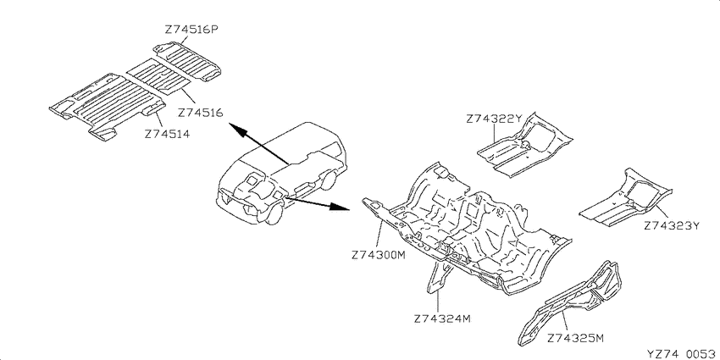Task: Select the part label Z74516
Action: (x=200, y=113)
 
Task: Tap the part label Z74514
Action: (x=167, y=134)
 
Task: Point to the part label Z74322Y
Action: (x=494, y=119)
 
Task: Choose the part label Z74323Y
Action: (x=672, y=226)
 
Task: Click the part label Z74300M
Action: (x=379, y=255)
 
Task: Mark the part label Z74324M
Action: (x=442, y=318)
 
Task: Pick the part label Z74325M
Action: (x=575, y=339)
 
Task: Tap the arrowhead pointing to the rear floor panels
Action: (x=235, y=129)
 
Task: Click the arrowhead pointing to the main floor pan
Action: (x=340, y=207)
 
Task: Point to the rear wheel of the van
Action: (x=328, y=180)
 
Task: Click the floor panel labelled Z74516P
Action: (x=187, y=62)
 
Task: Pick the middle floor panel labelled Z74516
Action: (x=158, y=76)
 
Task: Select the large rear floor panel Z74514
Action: (x=108, y=106)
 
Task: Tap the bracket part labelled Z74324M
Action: (x=440, y=275)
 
